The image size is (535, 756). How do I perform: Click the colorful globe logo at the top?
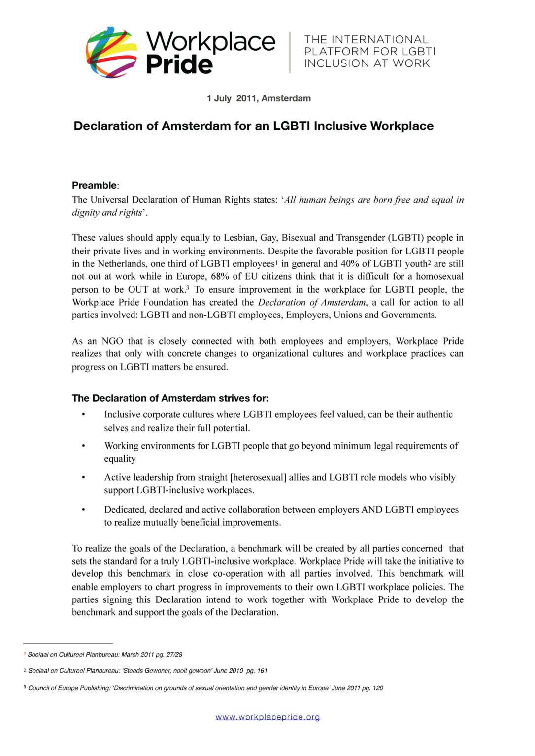[x=111, y=52]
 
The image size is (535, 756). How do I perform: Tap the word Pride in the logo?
[x=179, y=64]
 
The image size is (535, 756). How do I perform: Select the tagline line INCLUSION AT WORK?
[x=367, y=63]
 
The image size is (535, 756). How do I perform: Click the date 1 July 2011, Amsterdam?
[x=259, y=98]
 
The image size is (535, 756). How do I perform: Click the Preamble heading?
[x=95, y=185]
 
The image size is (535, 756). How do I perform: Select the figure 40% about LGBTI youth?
[x=349, y=263]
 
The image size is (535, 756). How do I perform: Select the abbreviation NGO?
[x=112, y=341]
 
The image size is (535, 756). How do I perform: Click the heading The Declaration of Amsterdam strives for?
[x=170, y=398]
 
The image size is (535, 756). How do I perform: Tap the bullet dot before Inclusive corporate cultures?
[x=83, y=415]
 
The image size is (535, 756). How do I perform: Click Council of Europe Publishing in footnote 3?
[x=68, y=688]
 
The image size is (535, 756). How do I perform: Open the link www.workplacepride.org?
[x=267, y=717]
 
